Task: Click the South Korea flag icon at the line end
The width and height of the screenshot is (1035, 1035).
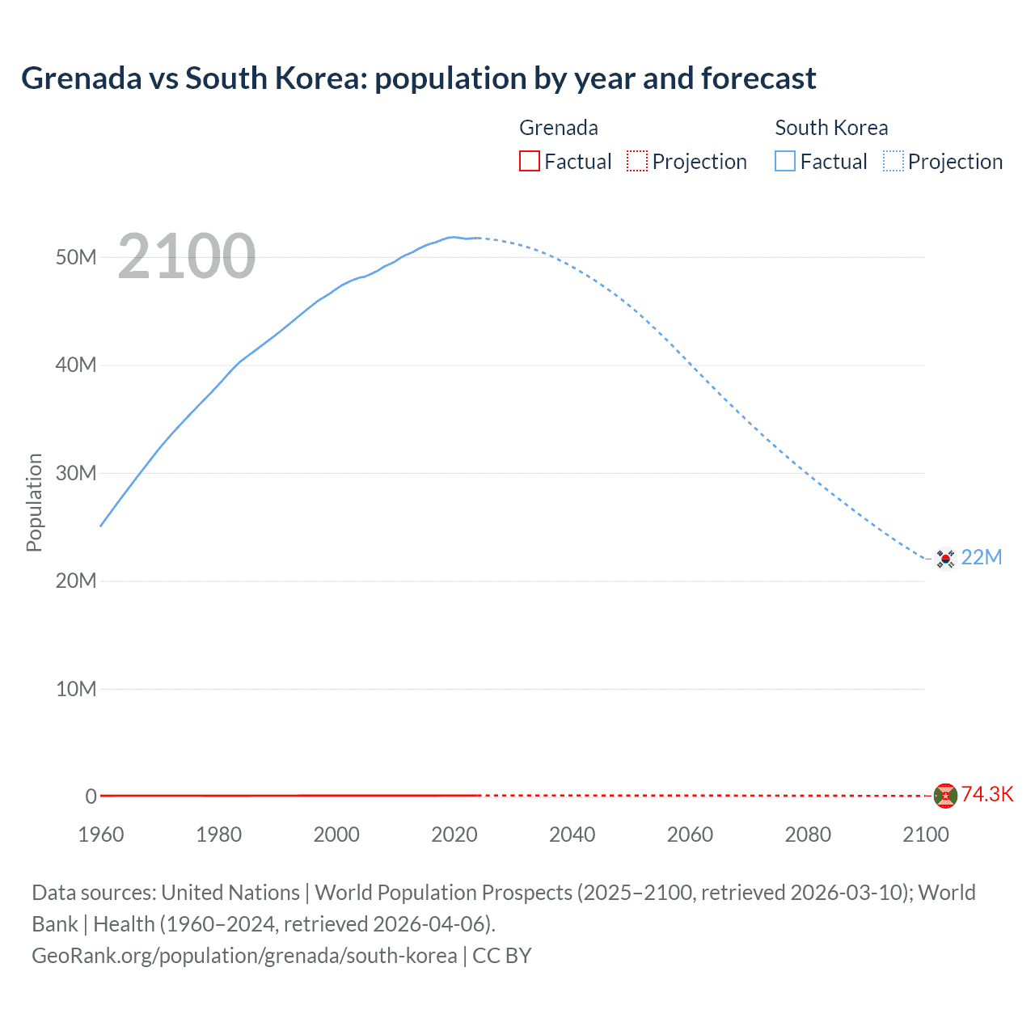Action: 944,559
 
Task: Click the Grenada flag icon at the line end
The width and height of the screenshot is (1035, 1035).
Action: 944,796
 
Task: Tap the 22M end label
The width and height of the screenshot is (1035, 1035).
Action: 982,557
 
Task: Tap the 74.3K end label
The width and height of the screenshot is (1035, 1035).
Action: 986,794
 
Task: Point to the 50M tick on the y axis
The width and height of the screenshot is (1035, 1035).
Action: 76,257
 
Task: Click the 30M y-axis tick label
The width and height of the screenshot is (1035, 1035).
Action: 76,473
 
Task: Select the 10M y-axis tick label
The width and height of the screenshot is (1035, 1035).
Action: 76,689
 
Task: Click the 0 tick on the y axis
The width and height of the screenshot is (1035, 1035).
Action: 91,796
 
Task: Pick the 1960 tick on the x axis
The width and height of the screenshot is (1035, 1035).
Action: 101,834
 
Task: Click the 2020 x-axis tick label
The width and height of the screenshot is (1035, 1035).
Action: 454,834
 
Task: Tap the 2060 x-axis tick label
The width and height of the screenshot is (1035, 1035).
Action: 690,834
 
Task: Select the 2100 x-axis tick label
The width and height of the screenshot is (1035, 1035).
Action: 925,834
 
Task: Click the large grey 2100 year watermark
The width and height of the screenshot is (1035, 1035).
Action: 187,257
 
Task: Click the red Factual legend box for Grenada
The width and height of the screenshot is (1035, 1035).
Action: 529,161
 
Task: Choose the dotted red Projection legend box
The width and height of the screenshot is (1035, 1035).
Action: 637,161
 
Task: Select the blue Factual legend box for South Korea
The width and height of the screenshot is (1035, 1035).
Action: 785,161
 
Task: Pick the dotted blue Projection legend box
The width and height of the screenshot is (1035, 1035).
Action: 893,161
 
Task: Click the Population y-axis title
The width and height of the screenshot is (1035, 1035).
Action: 34,502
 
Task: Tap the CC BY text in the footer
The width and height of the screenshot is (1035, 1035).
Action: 502,955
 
